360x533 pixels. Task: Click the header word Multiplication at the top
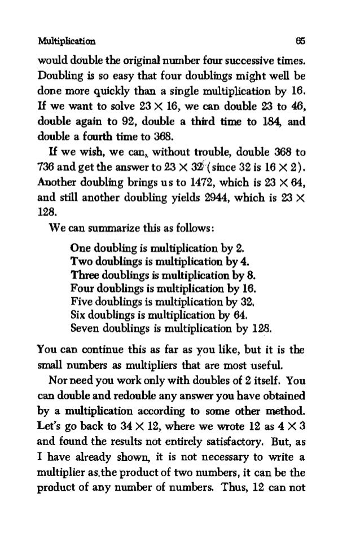(66, 41)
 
